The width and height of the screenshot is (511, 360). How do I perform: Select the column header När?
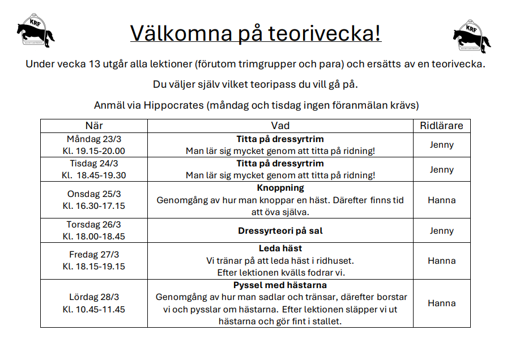pos(94,126)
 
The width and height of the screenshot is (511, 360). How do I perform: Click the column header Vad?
pos(280,126)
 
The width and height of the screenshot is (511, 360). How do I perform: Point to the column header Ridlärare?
pos(441,126)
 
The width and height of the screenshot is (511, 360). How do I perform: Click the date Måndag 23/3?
pos(94,139)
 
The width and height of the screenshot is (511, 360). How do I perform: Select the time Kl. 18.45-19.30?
pos(94,175)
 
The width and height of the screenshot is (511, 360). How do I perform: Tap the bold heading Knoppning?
pos(280,188)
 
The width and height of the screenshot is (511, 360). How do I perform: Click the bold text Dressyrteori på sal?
pos(280,231)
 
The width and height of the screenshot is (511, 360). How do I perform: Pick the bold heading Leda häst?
pos(280,248)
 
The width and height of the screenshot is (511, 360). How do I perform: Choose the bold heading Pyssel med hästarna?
pos(280,285)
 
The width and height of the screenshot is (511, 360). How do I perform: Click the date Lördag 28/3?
pos(94,297)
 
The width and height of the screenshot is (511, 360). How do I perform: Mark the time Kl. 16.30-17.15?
pos(94,206)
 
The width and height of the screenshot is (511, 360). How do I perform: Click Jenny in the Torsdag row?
pos(441,231)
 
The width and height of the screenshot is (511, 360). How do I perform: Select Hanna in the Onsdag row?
pos(441,200)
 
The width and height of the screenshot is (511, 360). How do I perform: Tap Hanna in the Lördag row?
pos(441,303)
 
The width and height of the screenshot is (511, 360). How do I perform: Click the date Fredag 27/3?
pos(94,255)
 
